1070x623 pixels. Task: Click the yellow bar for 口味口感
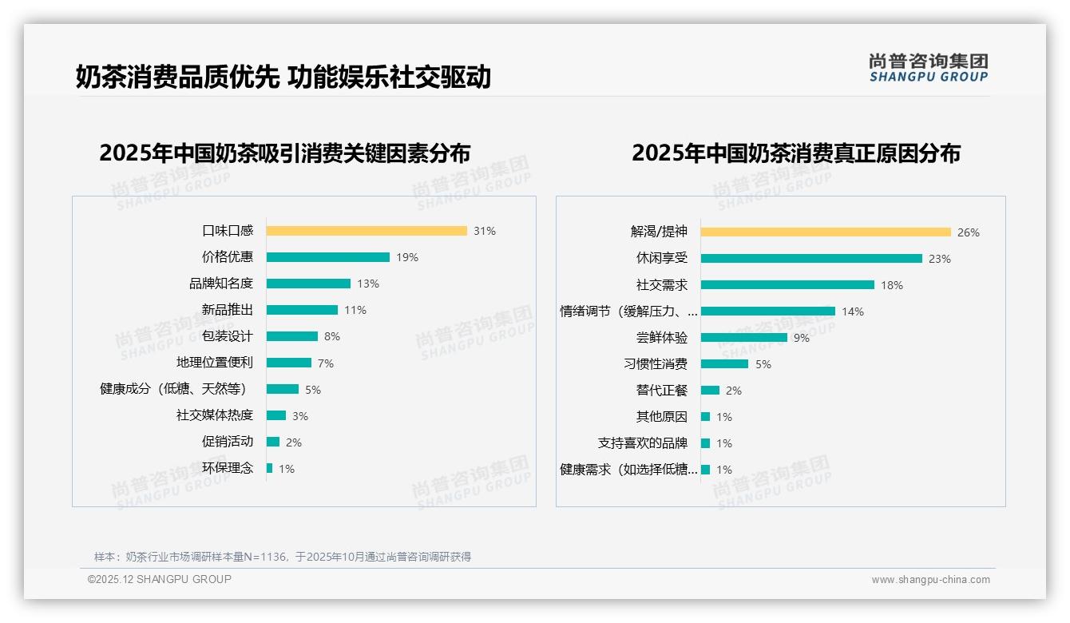pyautogui.click(x=367, y=231)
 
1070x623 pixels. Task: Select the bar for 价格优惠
pyautogui.click(x=327, y=257)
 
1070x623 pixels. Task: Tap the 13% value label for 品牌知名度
pyautogui.click(x=368, y=284)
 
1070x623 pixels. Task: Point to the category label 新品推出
pyautogui.click(x=227, y=310)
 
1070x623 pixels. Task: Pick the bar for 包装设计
pyautogui.click(x=291, y=336)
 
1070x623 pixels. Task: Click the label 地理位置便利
pyautogui.click(x=214, y=363)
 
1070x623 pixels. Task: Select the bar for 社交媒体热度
pyautogui.click(x=275, y=415)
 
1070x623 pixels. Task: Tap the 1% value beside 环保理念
pyautogui.click(x=286, y=469)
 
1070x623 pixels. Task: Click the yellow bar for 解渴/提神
pyautogui.click(x=826, y=232)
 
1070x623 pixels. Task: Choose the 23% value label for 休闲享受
pyautogui.click(x=940, y=259)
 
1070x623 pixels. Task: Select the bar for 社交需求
pyautogui.click(x=787, y=285)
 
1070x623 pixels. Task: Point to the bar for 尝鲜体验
pyautogui.click(x=743, y=338)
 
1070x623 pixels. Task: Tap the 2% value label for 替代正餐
pyautogui.click(x=733, y=391)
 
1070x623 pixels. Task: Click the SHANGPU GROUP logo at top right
pyautogui.click(x=928, y=68)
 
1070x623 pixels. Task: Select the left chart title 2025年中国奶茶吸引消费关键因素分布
pyautogui.click(x=284, y=153)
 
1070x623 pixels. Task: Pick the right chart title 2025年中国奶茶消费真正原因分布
pyautogui.click(x=795, y=153)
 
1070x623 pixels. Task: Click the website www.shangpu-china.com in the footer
pyautogui.click(x=930, y=580)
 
